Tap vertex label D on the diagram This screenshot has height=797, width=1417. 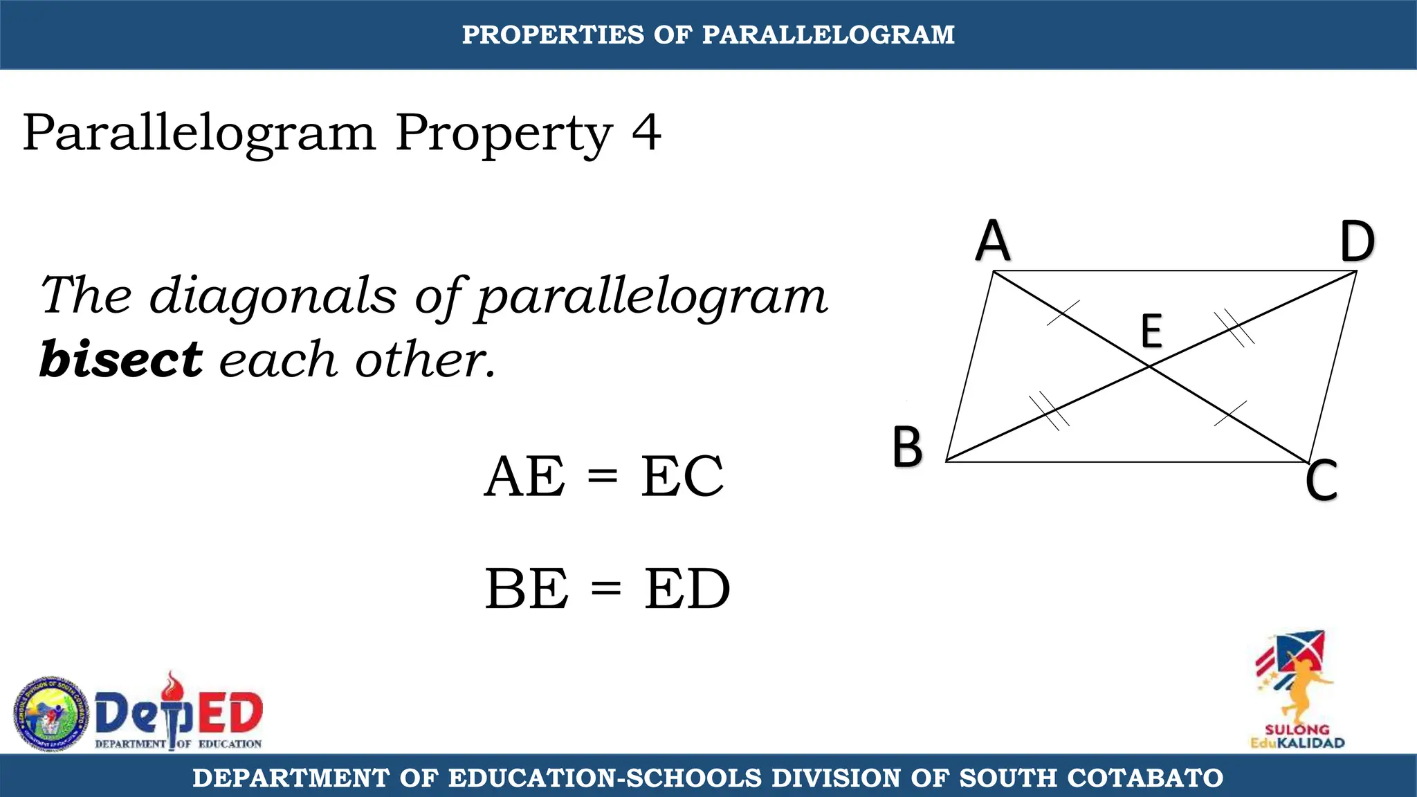tap(1357, 241)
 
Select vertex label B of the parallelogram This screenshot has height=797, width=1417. tap(907, 446)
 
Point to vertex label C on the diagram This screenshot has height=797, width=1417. tap(1321, 480)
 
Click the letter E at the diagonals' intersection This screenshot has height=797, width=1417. tap(1151, 331)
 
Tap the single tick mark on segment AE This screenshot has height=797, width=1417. tap(1063, 313)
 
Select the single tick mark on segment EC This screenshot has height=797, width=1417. tap(1231, 413)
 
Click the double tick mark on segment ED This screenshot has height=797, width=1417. tap(1234, 327)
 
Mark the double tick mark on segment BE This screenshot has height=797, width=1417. tap(1049, 411)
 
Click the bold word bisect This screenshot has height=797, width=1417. tap(121, 360)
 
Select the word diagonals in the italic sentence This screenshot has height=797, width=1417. tap(273, 295)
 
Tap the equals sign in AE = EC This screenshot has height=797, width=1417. tap(602, 475)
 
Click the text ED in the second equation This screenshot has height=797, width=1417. tap(687, 589)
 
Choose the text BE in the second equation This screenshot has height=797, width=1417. tap(527, 589)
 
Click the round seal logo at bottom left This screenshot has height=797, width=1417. tap(51, 713)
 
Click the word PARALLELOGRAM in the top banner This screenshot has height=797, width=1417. tap(828, 35)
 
